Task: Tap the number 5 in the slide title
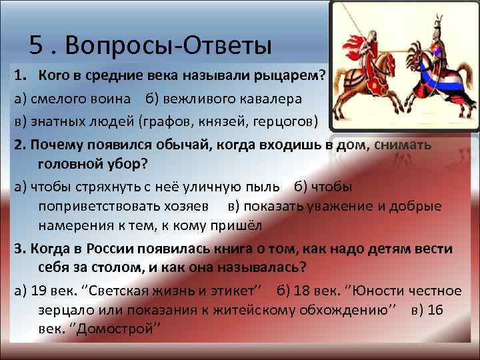(x=37, y=46)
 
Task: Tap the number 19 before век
(x=38, y=291)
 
